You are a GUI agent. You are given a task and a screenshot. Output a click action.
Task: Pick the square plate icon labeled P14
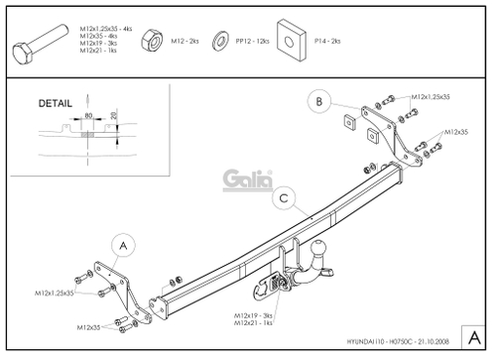(x=293, y=37)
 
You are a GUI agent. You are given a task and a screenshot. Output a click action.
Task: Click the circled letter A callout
(x=123, y=244)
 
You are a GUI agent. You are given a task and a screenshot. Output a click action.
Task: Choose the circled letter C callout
(x=284, y=198)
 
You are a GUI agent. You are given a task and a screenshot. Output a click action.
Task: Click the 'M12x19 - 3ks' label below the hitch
(x=255, y=314)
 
